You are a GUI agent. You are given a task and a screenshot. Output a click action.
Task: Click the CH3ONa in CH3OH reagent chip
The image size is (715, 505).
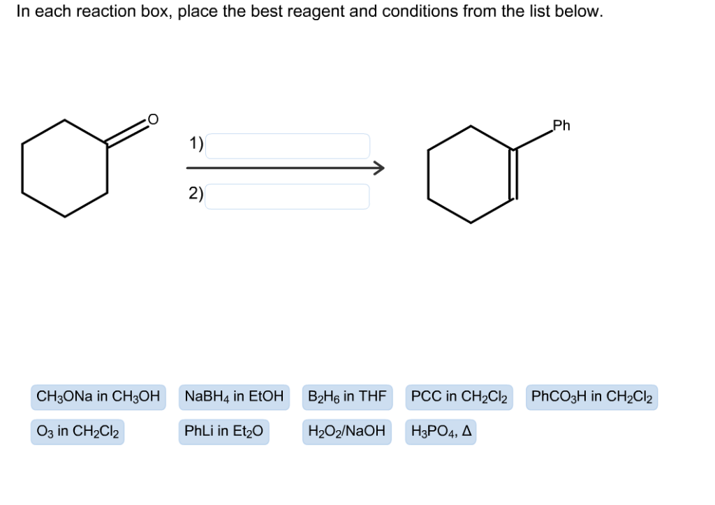[98, 397]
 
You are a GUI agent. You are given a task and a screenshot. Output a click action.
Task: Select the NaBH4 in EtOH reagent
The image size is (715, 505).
[234, 397]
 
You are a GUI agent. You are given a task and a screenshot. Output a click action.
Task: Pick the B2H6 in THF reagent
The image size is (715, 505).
[347, 397]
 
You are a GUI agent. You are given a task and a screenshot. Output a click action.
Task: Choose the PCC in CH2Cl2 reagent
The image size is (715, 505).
[459, 397]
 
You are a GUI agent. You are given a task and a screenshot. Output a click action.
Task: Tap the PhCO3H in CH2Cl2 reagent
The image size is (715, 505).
[591, 397]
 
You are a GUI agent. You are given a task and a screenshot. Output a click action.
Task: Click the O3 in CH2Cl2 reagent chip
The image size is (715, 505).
[78, 432]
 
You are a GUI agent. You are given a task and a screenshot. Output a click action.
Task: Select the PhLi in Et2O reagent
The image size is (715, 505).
[223, 432]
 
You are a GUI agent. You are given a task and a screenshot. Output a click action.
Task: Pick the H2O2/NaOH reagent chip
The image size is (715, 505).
[347, 432]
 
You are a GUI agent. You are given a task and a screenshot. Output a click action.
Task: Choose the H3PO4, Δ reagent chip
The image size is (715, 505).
[441, 432]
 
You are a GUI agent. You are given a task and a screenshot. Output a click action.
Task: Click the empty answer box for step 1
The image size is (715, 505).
[287, 146]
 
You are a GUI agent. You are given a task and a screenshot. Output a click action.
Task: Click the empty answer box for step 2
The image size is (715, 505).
[287, 196]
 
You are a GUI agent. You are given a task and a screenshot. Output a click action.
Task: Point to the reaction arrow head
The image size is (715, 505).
[378, 168]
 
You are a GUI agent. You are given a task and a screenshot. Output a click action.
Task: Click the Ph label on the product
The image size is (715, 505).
[561, 126]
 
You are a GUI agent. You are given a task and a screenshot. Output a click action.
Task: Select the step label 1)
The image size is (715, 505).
[196, 144]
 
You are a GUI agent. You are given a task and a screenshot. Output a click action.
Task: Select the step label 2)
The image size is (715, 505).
[196, 194]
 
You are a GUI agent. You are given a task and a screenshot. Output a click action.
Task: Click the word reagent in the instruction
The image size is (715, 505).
[300, 13]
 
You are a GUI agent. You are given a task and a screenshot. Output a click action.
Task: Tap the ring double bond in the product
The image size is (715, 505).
[515, 174]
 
